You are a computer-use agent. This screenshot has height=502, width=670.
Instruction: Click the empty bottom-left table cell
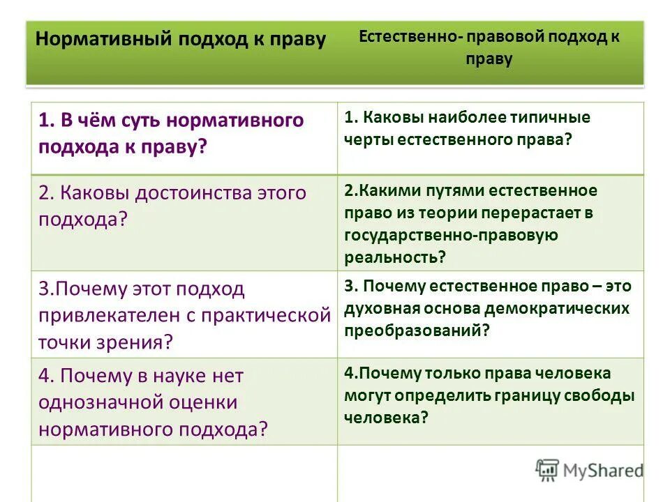click(184, 474)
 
